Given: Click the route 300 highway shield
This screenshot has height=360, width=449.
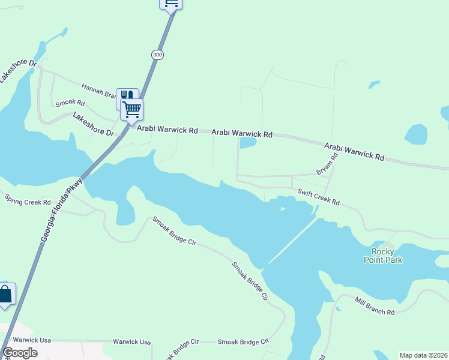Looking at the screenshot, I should [x=157, y=55].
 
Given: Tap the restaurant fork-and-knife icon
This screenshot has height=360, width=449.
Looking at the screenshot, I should [x=127, y=96].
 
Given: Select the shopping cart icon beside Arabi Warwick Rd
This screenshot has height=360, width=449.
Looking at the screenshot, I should [x=132, y=110].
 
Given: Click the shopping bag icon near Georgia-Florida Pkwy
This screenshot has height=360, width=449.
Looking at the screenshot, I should [x=5, y=294].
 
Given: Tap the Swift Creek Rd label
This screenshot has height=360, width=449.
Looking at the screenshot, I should [x=319, y=198].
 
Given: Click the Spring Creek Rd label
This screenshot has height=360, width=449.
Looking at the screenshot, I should [x=28, y=200].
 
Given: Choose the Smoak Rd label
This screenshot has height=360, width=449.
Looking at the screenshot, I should [x=68, y=103].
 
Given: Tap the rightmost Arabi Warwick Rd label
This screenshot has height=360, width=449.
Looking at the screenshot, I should [x=354, y=151].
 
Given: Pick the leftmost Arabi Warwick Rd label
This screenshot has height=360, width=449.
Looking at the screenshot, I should [x=167, y=130].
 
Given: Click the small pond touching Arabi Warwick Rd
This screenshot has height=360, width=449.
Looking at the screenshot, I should [x=247, y=143].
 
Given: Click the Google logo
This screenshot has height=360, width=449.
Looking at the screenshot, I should [x=20, y=353].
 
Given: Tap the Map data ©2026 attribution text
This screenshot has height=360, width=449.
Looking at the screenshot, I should [x=424, y=355].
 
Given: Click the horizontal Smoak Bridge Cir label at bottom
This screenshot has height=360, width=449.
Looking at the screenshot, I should [x=243, y=341].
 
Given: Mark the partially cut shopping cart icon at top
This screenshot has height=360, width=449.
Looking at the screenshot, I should [x=171, y=3].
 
